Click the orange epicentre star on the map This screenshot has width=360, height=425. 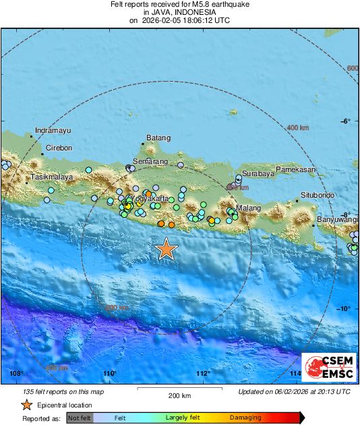[x=166, y=249]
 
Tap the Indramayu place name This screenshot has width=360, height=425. [x=53, y=130]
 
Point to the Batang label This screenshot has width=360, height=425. [x=158, y=138]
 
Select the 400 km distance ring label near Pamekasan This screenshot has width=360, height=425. [x=297, y=128]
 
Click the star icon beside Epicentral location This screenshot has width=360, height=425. [x=26, y=405]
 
